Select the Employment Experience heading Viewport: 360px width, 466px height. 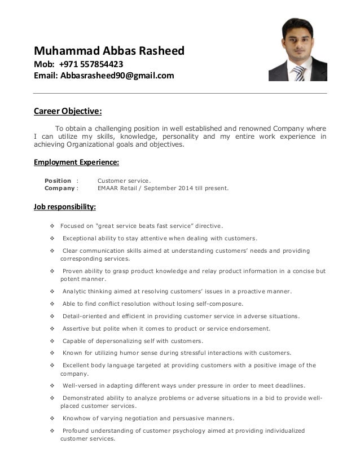[76, 162]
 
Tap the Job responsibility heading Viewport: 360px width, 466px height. [64, 205]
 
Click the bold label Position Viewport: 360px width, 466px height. [58, 181]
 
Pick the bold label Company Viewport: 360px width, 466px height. [59, 188]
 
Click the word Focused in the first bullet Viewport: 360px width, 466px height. [73, 225]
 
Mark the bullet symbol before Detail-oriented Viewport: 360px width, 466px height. [52, 316]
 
